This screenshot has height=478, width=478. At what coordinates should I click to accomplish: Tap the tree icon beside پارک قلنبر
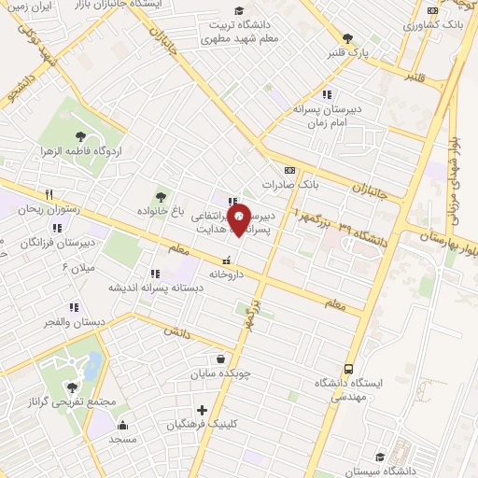[x=347, y=38]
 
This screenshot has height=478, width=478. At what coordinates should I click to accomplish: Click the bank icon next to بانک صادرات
[x=290, y=170]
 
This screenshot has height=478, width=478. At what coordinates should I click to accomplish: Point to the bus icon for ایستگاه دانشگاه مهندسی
[x=349, y=369]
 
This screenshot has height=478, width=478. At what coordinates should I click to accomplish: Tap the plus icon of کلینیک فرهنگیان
[x=202, y=409]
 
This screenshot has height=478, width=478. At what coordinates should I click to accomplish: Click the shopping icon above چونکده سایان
[x=219, y=358]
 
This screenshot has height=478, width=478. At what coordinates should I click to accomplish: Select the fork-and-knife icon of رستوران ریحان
[x=48, y=195]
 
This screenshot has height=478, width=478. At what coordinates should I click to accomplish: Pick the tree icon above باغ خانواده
[x=162, y=197]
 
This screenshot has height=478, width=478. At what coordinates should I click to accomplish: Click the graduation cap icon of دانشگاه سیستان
[x=380, y=457]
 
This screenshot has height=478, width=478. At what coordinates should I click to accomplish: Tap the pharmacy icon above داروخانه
[x=225, y=261]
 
